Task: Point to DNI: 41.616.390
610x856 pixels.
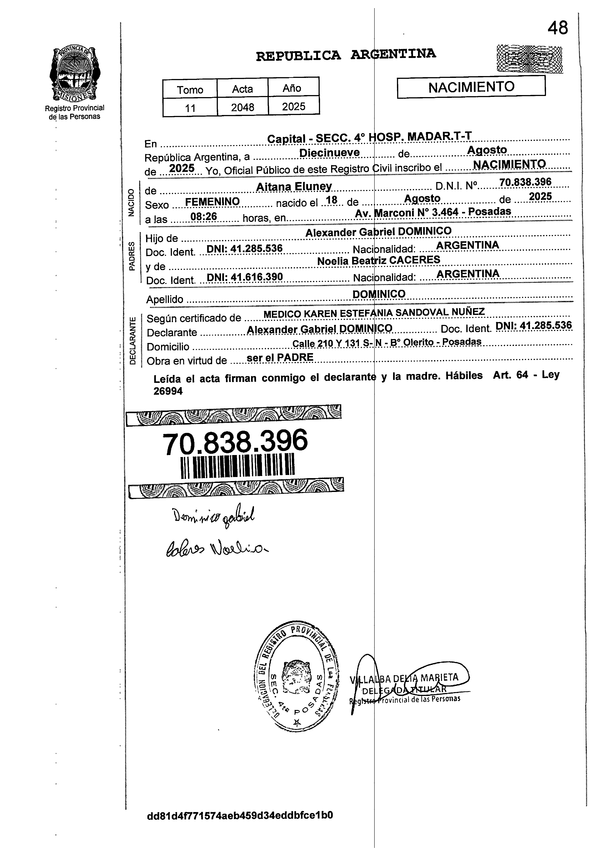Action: (x=245, y=277)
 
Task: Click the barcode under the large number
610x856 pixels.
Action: (x=238, y=466)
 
